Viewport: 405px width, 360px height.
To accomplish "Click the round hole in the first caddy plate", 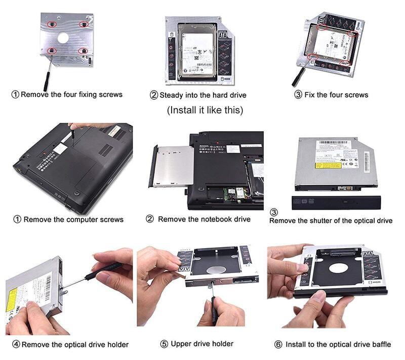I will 63,37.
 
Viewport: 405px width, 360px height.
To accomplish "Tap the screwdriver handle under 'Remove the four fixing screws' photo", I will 47,81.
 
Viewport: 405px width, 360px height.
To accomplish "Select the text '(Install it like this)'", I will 205,110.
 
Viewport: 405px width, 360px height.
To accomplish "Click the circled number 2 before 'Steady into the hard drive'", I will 154,95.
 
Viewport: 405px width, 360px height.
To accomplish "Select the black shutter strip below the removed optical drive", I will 334,203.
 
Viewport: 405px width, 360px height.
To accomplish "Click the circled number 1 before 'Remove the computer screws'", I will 17,220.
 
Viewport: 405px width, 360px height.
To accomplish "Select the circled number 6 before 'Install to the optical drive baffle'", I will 278,344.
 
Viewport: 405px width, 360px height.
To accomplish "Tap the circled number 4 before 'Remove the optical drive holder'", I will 16,344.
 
